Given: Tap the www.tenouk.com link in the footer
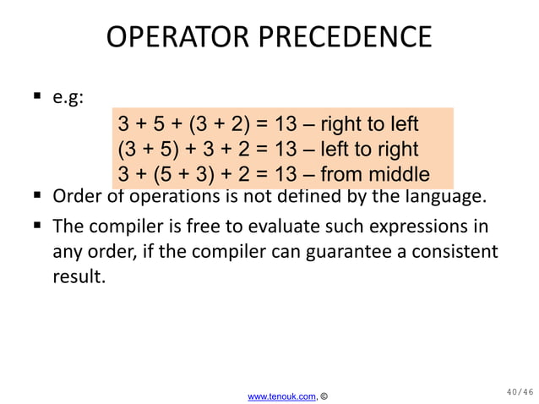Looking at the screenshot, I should [x=281, y=395].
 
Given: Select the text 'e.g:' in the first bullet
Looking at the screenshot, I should [x=68, y=98].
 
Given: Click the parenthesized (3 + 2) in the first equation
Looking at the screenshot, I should [x=219, y=124].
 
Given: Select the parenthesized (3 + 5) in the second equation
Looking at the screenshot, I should [x=147, y=150].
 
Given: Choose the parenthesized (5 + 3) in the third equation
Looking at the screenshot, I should [x=179, y=175].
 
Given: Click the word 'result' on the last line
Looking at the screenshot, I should [x=79, y=276].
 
